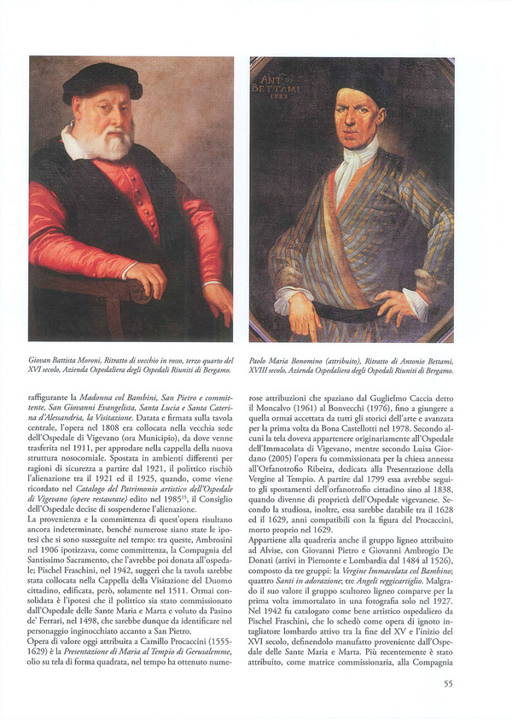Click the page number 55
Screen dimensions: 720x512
448,683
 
